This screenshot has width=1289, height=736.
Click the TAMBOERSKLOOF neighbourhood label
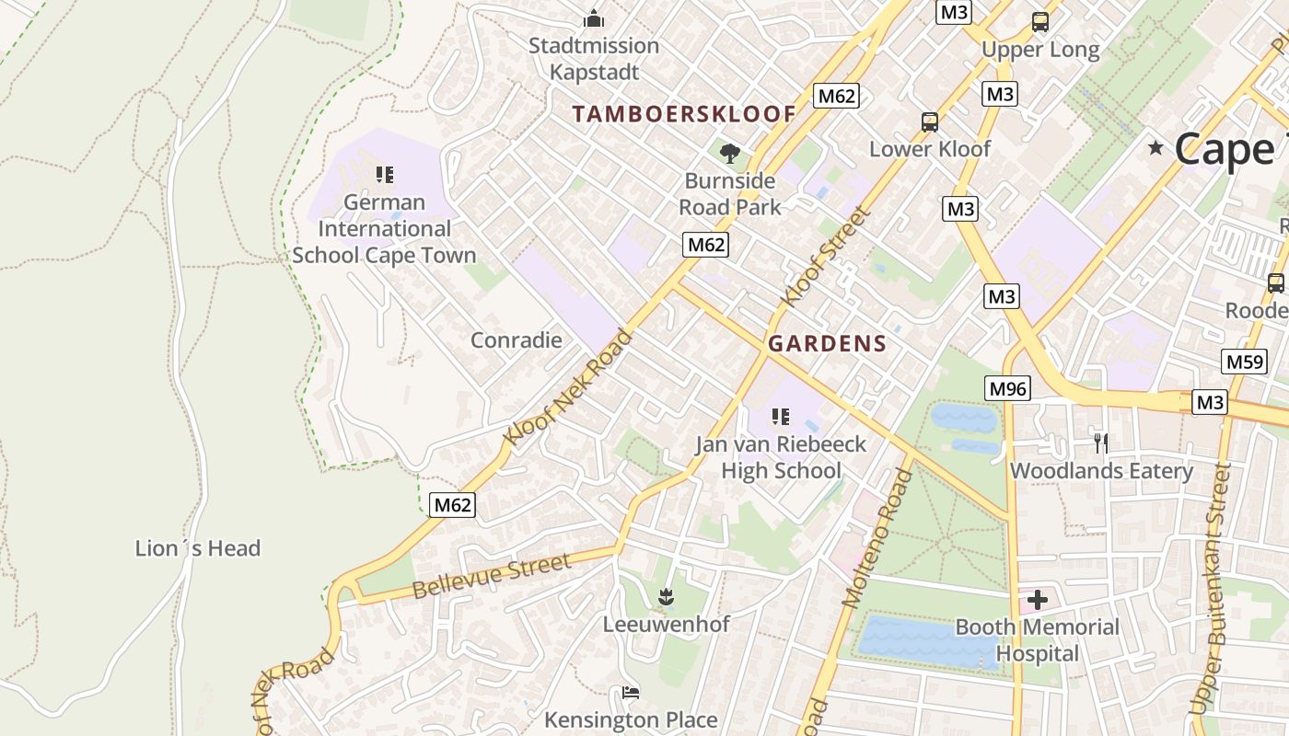[683, 114]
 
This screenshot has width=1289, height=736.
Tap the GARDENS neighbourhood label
[827, 344]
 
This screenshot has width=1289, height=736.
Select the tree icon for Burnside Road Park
[730, 153]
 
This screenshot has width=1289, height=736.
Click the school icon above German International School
[385, 174]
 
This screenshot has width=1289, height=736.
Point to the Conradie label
[516, 340]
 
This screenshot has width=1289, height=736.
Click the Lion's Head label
[198, 549]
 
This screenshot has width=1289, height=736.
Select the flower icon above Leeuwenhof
[666, 597]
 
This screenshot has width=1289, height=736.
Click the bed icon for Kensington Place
[631, 693]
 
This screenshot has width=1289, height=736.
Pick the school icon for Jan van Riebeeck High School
[781, 417]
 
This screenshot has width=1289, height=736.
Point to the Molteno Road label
[877, 538]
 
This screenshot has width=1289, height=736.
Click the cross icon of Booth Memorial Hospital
[1038, 601]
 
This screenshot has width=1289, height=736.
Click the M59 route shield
[1244, 362]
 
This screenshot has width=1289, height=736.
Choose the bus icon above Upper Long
[1040, 22]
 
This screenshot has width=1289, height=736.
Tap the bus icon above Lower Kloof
[930, 121]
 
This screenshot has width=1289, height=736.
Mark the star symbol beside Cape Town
[1156, 148]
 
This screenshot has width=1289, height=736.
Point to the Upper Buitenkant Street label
[1210, 589]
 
